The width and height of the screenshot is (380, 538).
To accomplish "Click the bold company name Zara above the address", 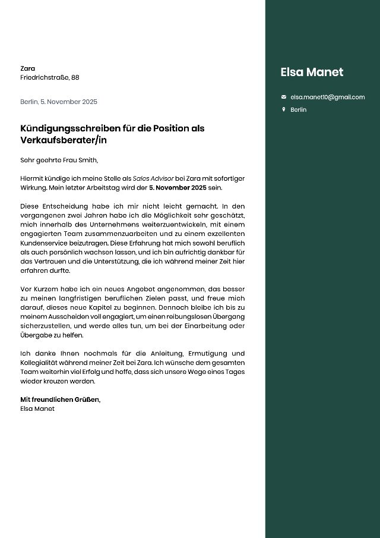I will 27,68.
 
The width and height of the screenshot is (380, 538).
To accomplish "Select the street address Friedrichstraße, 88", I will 50,77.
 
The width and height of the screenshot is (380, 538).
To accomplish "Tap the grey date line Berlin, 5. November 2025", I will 59,102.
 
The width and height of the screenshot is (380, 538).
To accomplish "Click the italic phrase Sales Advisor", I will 153,178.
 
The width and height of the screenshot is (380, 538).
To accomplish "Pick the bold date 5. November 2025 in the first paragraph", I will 178,187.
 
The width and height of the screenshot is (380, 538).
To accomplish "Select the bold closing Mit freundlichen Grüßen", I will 60,399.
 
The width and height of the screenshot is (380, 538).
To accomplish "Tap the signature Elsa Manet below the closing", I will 37,408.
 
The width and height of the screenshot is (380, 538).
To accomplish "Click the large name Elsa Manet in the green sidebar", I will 312,73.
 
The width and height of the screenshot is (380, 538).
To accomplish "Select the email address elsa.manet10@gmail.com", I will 328,97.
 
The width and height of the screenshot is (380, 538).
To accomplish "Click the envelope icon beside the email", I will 284,97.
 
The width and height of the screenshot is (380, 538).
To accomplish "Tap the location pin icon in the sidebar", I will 284,109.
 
